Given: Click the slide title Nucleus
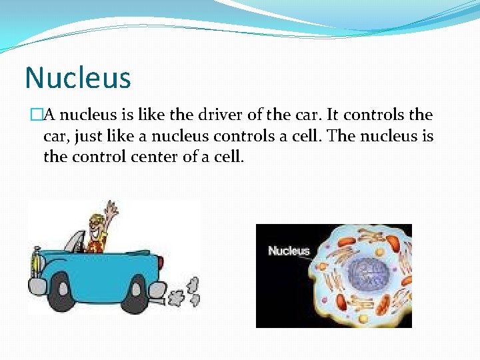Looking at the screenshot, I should [78, 77].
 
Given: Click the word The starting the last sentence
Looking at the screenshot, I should [343, 137].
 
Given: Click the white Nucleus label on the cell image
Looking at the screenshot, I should [289, 251].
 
